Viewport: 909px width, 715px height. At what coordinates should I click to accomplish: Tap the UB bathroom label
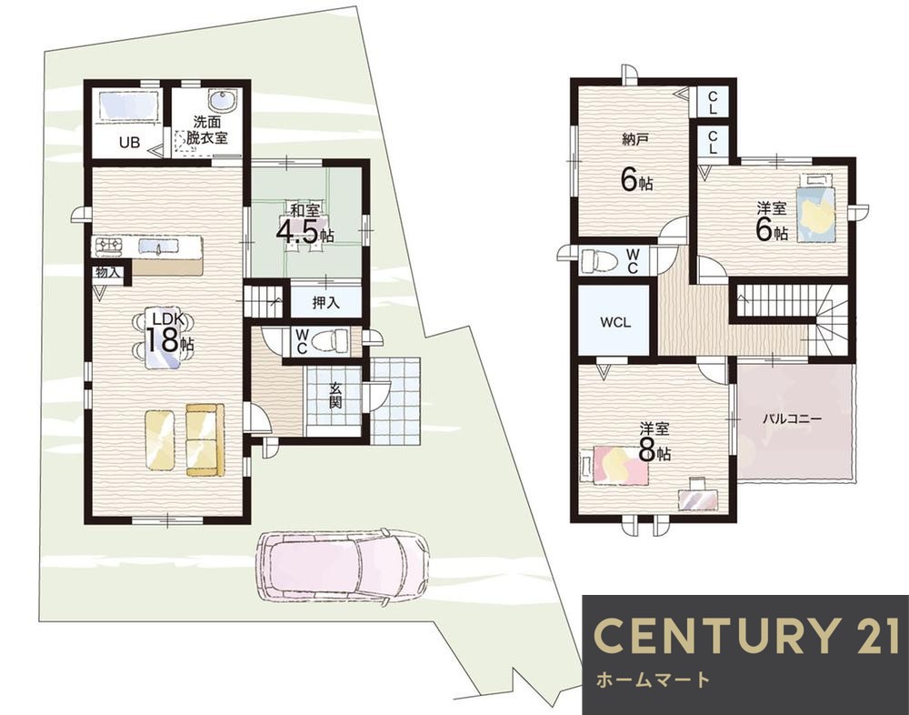pos(129,142)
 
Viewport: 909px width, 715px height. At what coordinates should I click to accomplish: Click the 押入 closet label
pos(325,302)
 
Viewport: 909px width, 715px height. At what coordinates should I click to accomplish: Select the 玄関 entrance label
pos(335,395)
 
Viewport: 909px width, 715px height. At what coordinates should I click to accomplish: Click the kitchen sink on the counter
pos(159,247)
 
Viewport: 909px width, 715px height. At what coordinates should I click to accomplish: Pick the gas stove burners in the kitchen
pos(109,246)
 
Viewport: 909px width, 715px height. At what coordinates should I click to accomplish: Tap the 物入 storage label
pos(107,272)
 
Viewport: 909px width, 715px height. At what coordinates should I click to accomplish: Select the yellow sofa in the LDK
pos(205,440)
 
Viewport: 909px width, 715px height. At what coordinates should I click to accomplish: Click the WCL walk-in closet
pos(614,321)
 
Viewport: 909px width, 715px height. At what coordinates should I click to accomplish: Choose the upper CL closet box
pos(713,102)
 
